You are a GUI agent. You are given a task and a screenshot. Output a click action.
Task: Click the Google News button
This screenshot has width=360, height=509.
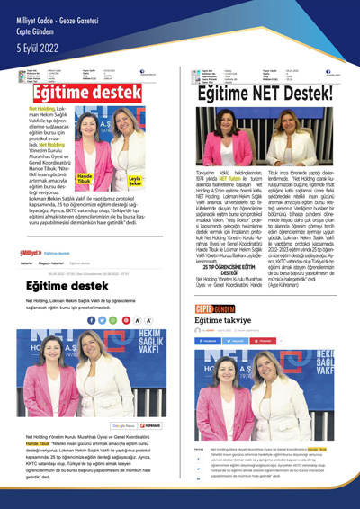click(122, 424)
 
